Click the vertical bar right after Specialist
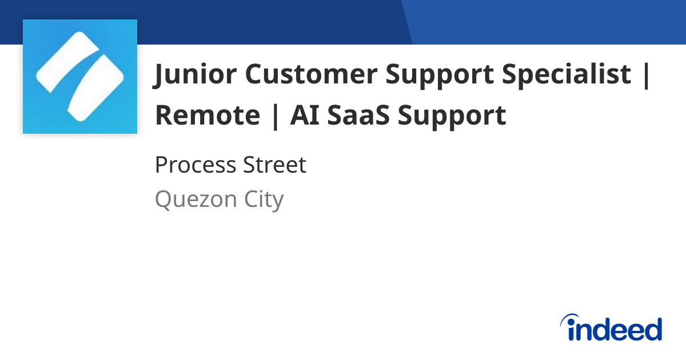click(x=647, y=74)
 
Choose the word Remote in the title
click(x=208, y=115)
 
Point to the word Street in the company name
click(x=276, y=166)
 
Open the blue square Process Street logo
click(x=80, y=77)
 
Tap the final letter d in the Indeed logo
click(x=652, y=329)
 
